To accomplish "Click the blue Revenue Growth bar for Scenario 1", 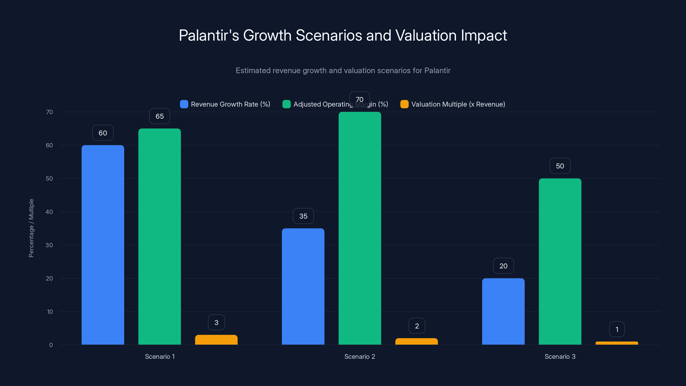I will click(103, 245).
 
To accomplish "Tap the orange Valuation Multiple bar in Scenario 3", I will click(617, 343).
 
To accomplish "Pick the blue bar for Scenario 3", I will click(503, 311).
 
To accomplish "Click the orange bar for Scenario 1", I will click(216, 340).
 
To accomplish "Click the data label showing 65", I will click(159, 116).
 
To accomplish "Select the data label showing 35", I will click(303, 216).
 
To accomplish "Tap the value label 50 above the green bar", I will click(560, 166).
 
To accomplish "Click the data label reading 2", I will click(417, 326).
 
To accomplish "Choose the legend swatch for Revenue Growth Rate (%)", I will click(184, 104).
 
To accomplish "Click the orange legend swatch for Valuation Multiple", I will click(404, 104).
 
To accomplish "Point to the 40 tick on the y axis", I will click(49, 212).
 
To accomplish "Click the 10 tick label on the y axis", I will click(50, 312).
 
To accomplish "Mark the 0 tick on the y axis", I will click(51, 345).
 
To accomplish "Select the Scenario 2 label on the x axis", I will click(360, 356).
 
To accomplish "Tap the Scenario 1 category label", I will click(160, 356).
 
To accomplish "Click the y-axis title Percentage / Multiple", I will click(31, 228).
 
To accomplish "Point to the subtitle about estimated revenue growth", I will click(343, 71).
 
